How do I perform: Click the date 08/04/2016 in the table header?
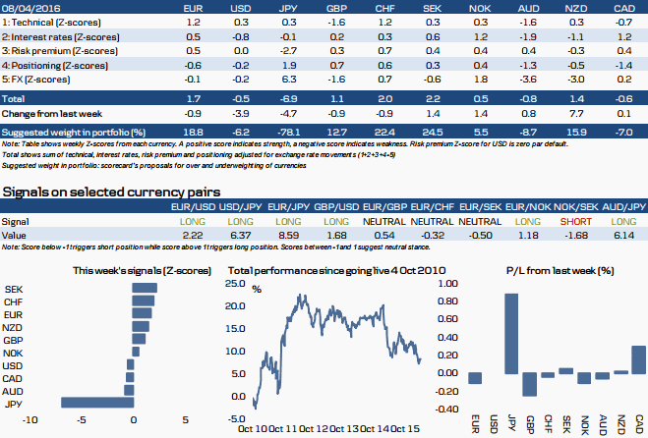tap(28, 7)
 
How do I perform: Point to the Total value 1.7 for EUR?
tap(194, 100)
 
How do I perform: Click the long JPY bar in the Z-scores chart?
tap(95, 403)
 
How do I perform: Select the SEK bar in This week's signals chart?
tap(145, 289)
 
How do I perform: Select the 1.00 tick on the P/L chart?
tap(447, 283)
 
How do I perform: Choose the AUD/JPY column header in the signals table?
tap(624, 208)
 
